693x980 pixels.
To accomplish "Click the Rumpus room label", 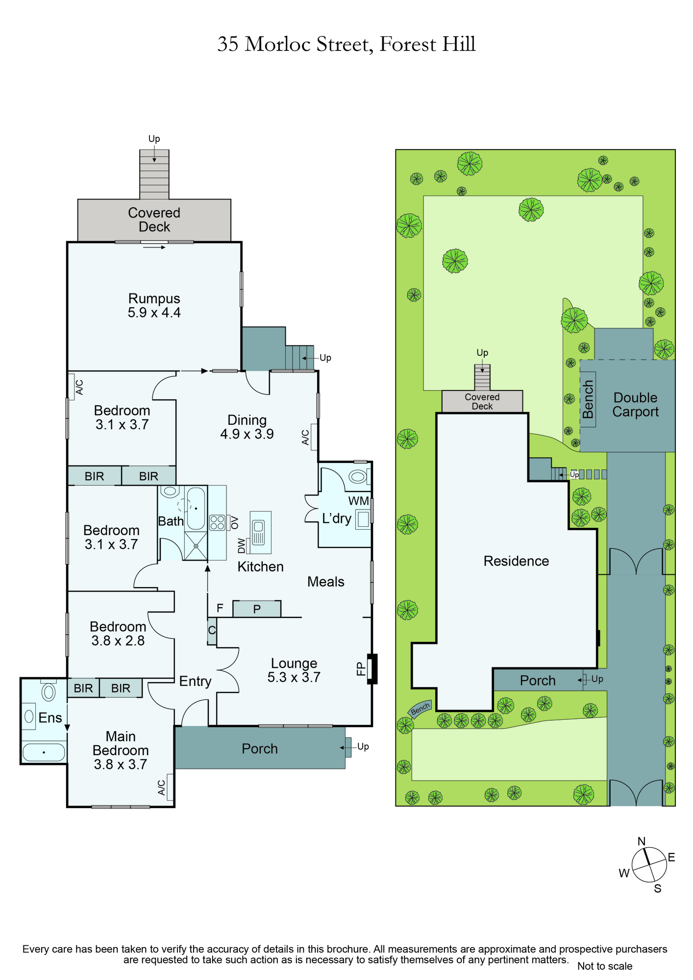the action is [x=154, y=298].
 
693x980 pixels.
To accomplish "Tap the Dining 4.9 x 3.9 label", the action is [x=247, y=427].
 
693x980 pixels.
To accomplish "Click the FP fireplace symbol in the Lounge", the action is [x=372, y=669].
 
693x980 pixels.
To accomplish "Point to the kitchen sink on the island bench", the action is [x=258, y=533].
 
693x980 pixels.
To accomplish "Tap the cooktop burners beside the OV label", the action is [x=217, y=523].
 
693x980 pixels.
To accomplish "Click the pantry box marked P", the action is [x=257, y=609].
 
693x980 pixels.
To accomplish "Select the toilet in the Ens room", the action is [x=48, y=691].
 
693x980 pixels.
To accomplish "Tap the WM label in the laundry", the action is [x=358, y=501].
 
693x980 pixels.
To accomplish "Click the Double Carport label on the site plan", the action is [x=635, y=405].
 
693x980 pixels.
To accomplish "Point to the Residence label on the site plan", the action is [x=516, y=561].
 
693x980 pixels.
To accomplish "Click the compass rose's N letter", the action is [x=642, y=841].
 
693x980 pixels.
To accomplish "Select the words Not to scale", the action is [x=605, y=966].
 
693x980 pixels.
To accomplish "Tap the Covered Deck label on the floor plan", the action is [x=154, y=220].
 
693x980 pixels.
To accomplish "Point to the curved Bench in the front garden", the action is [x=420, y=709].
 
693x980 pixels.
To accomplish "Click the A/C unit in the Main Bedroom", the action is [x=170, y=787].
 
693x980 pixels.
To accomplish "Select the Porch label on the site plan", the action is [x=538, y=681].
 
